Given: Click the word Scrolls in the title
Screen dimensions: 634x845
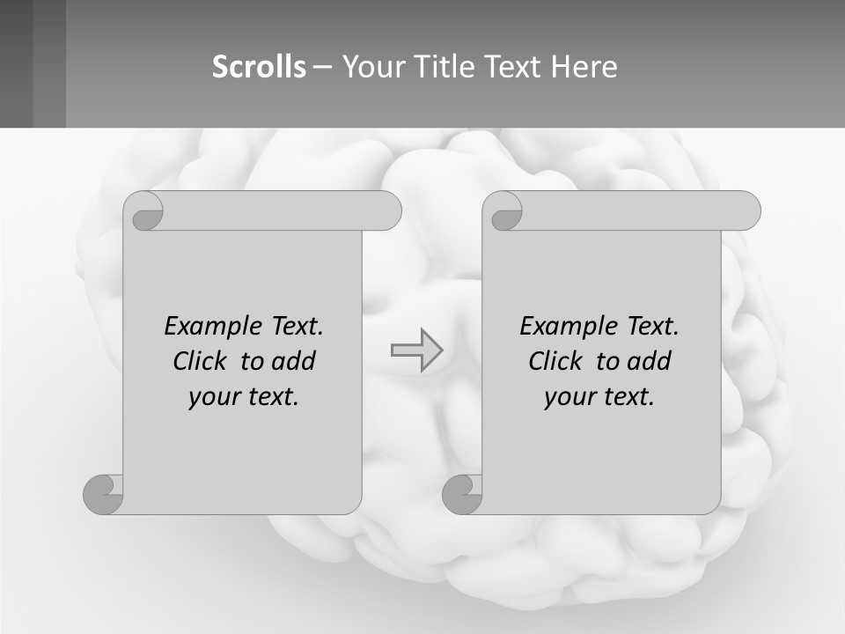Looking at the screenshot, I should pos(259,67).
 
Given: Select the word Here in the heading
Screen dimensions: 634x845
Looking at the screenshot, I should pos(584,67).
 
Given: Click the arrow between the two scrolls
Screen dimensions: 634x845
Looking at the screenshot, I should pos(416,350).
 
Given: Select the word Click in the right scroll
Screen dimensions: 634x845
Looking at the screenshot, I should pos(555,362).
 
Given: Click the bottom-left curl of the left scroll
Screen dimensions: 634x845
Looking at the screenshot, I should pos(104,494).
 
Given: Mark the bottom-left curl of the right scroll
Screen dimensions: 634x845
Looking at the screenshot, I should pos(463,494).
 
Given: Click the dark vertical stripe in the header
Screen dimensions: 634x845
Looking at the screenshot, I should pos(49,63).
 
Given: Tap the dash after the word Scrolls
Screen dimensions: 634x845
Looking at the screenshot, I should pos(323,67).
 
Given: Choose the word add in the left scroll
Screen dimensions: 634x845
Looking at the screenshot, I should pos(293,362).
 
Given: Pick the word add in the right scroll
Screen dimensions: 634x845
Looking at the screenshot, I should pos(649,362).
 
